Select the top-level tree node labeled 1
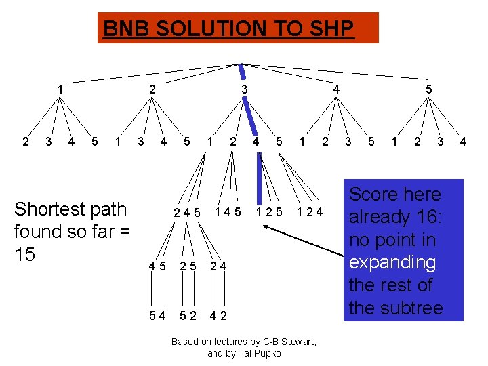coord(60,89)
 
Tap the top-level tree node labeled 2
coord(152,89)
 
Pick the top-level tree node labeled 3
coord(245,89)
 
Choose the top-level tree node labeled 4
coord(336,89)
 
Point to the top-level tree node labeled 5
coord(428,89)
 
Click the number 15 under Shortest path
coord(26,254)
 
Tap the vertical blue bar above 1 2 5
coord(259,180)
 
